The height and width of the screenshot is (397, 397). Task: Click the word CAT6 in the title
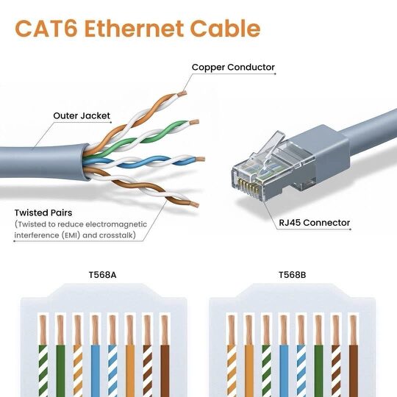coord(46,29)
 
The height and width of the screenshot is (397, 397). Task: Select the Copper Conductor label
coord(233,67)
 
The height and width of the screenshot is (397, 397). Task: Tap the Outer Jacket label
coord(82,115)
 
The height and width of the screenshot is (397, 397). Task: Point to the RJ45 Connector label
coord(314,223)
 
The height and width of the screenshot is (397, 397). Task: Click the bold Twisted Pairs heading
coord(43,212)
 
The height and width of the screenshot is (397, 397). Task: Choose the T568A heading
coord(102,275)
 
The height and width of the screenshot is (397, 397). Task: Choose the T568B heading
coord(292,275)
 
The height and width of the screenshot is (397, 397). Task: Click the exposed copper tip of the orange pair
coord(182,93)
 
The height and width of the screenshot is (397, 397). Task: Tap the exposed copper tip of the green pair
coord(194,122)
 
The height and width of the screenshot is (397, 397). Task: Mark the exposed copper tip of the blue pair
coord(200,160)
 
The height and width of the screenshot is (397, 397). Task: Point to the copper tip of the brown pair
coord(194,204)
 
